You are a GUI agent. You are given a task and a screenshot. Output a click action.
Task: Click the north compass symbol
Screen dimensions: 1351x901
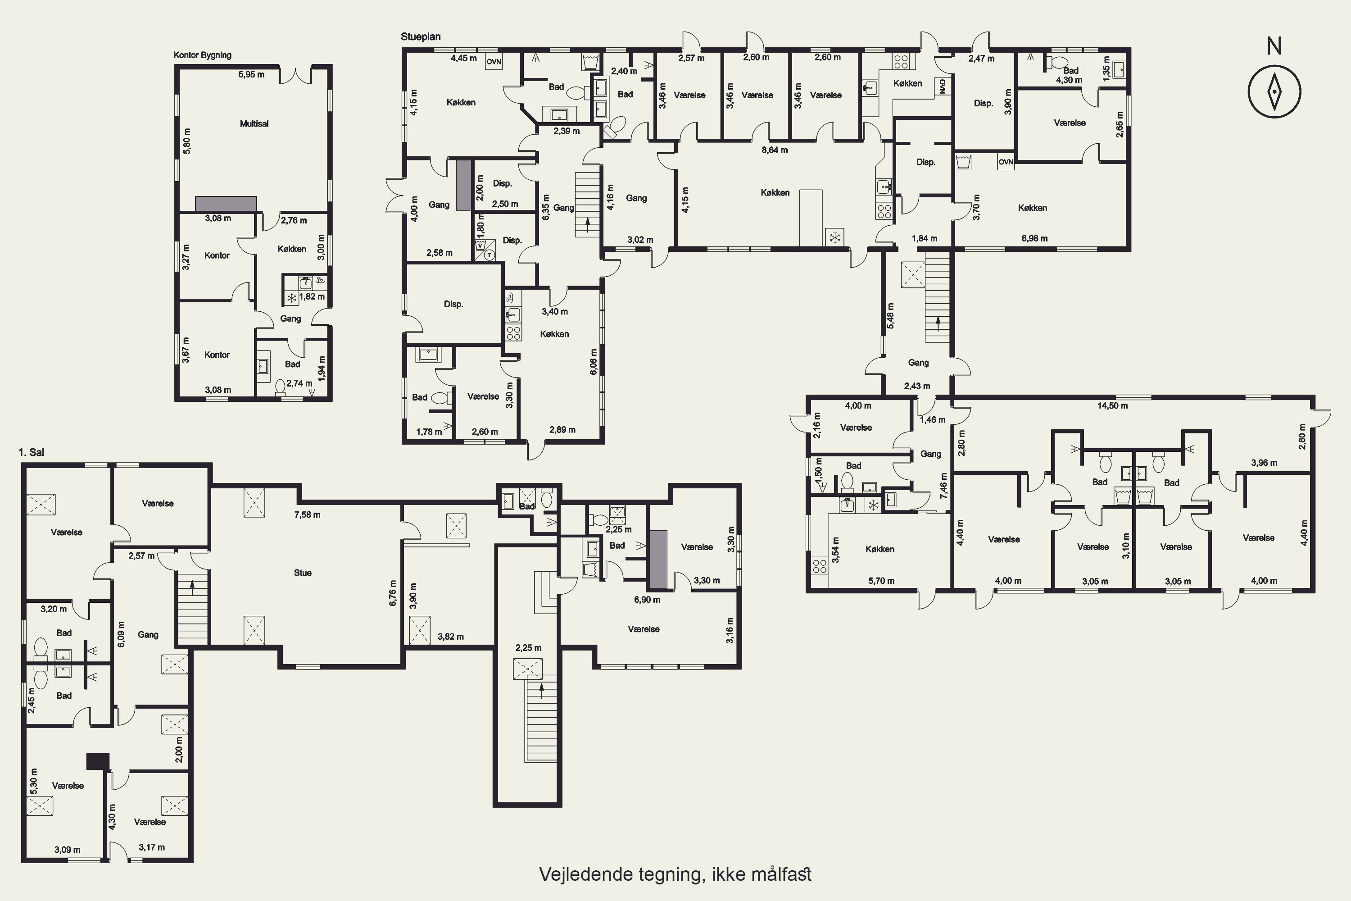point(1274,91)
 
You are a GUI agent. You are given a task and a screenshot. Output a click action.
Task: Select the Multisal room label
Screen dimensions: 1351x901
point(254,123)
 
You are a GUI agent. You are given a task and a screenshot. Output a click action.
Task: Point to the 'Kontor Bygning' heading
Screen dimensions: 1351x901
point(202,55)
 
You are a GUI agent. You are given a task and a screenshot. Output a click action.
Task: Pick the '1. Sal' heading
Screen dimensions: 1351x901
point(32,452)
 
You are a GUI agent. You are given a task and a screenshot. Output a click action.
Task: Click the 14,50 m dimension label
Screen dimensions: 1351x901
point(1113,406)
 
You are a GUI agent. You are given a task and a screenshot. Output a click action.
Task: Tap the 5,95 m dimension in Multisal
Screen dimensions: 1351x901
point(252,75)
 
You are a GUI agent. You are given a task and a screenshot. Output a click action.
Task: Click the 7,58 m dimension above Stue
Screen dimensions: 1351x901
point(307,515)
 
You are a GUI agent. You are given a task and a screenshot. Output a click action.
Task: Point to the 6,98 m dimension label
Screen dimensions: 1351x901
point(1034,238)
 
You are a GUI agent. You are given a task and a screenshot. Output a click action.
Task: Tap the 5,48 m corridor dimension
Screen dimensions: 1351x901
point(891,316)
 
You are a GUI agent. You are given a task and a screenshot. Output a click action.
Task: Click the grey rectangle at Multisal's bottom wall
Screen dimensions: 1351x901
point(226,204)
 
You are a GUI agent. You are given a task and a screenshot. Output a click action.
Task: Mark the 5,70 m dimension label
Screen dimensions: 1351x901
point(881,581)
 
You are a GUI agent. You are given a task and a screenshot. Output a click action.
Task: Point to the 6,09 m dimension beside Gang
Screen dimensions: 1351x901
point(121,634)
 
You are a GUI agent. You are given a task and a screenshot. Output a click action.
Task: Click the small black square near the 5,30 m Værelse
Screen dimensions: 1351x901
point(98,761)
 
